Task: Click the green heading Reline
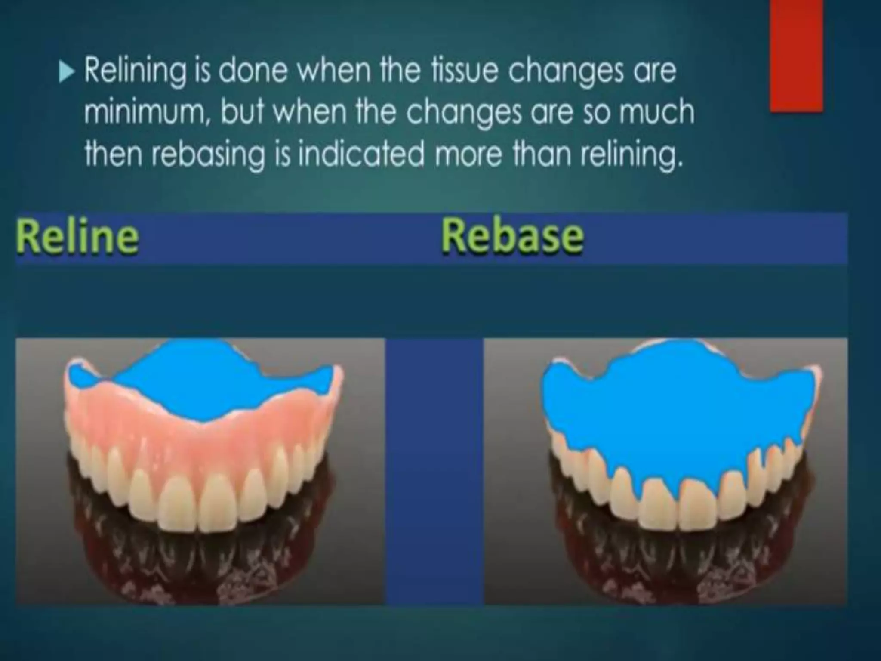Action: coord(77,237)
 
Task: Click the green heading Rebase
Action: coord(512,236)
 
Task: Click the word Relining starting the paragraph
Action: coord(135,71)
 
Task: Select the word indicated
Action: coord(360,154)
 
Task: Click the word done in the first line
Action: coord(253,71)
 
